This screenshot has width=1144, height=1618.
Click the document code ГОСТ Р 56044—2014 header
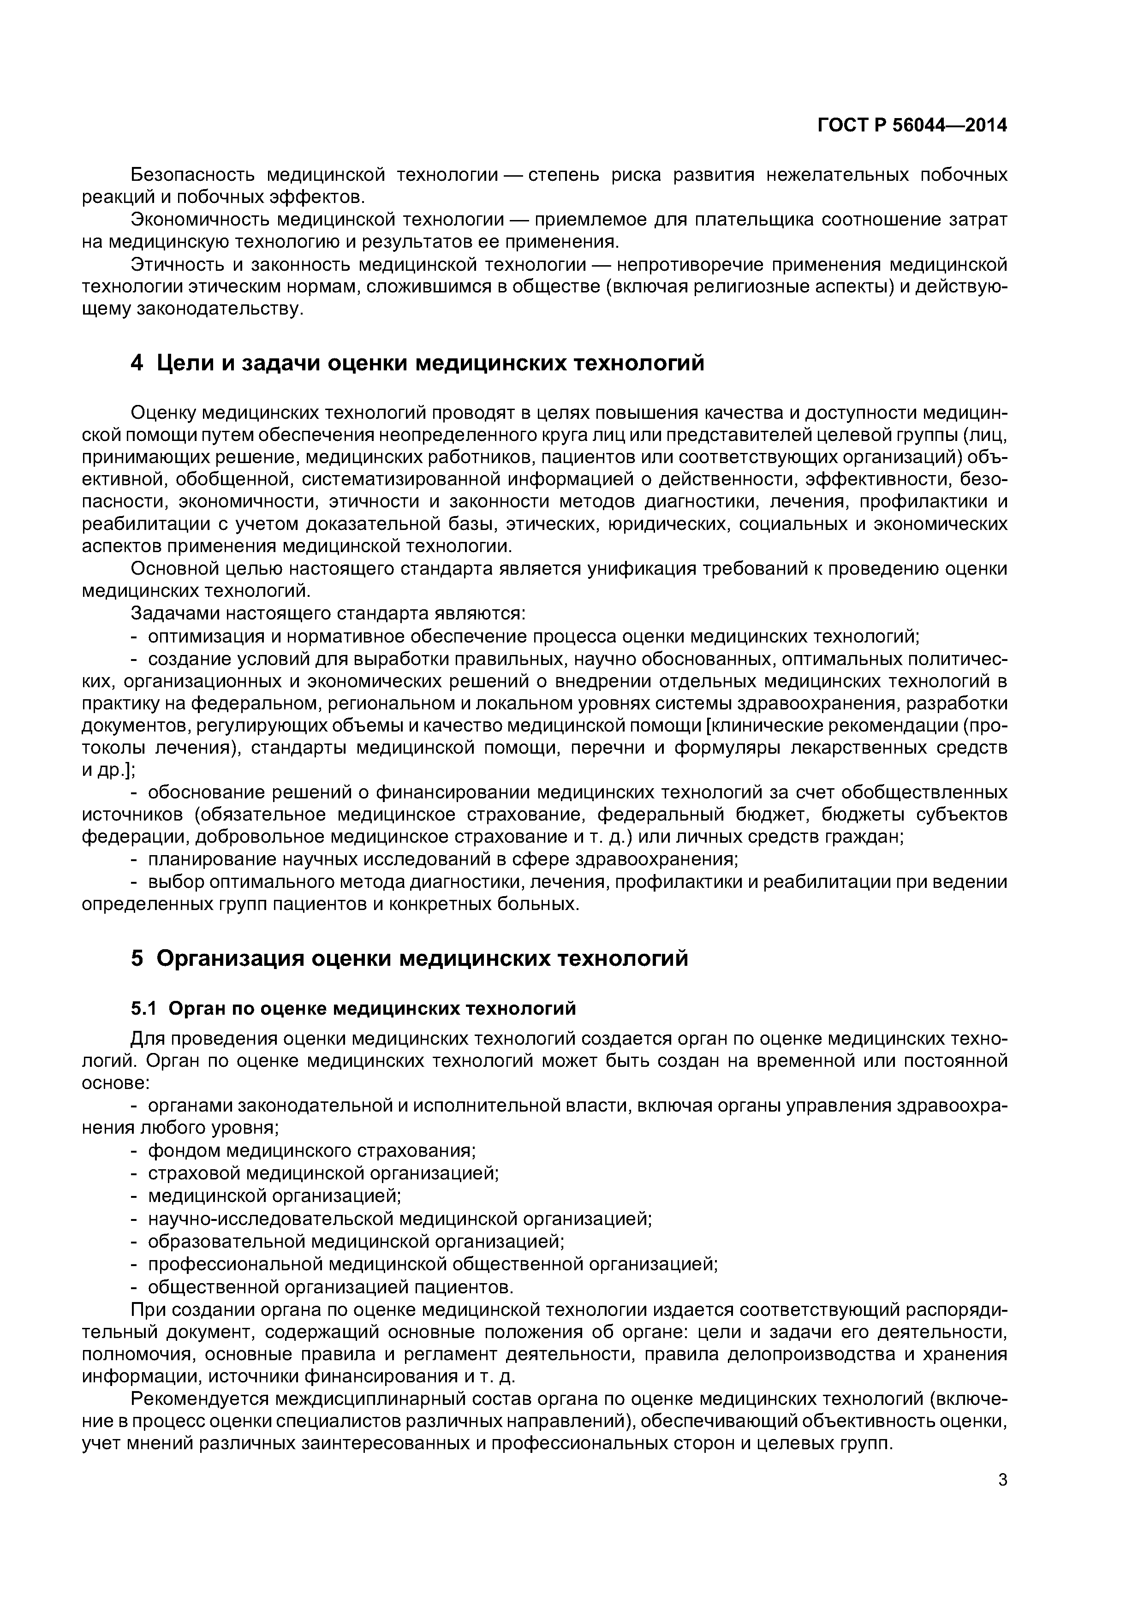coord(912,125)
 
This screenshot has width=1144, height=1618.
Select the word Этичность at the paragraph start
coord(173,264)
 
